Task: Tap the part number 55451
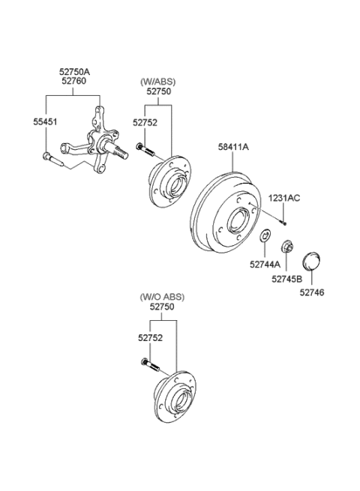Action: click(x=46, y=121)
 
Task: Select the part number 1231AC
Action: click(x=284, y=198)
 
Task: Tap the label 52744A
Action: click(x=265, y=263)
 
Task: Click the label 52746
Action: click(x=312, y=292)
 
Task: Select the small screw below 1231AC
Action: click(x=286, y=220)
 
